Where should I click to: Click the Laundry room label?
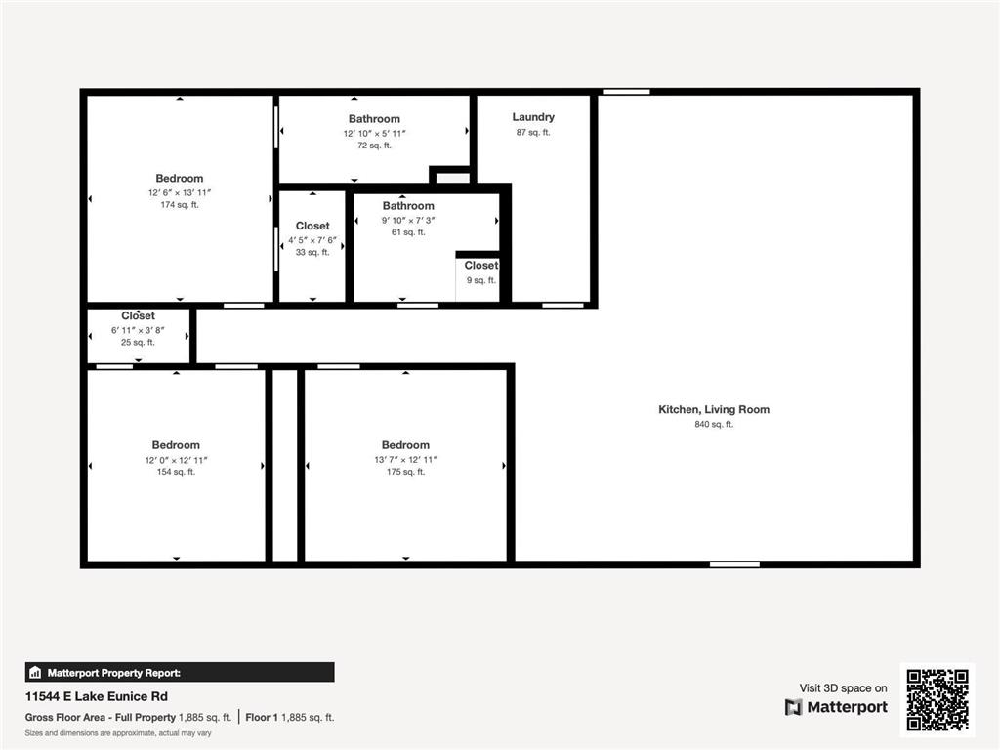(533, 117)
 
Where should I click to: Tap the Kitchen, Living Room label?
(714, 409)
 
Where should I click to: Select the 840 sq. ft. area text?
(714, 424)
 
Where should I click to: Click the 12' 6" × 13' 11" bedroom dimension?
(180, 192)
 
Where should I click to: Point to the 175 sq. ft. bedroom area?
(405, 472)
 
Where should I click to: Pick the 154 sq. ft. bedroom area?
(176, 472)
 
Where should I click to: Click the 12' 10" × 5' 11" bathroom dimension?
(374, 133)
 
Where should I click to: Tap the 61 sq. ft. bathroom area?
(408, 232)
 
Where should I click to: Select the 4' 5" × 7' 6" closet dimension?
(312, 240)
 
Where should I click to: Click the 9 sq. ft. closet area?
(480, 280)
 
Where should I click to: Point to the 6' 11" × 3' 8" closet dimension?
(138, 330)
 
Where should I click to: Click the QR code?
(937, 699)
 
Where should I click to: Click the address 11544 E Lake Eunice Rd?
(97, 696)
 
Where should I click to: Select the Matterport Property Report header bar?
(180, 672)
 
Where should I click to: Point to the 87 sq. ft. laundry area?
(533, 133)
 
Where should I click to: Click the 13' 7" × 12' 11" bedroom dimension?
(405, 460)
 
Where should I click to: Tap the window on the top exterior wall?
(626, 92)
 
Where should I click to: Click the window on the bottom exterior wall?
(734, 564)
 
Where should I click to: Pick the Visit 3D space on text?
(843, 688)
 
